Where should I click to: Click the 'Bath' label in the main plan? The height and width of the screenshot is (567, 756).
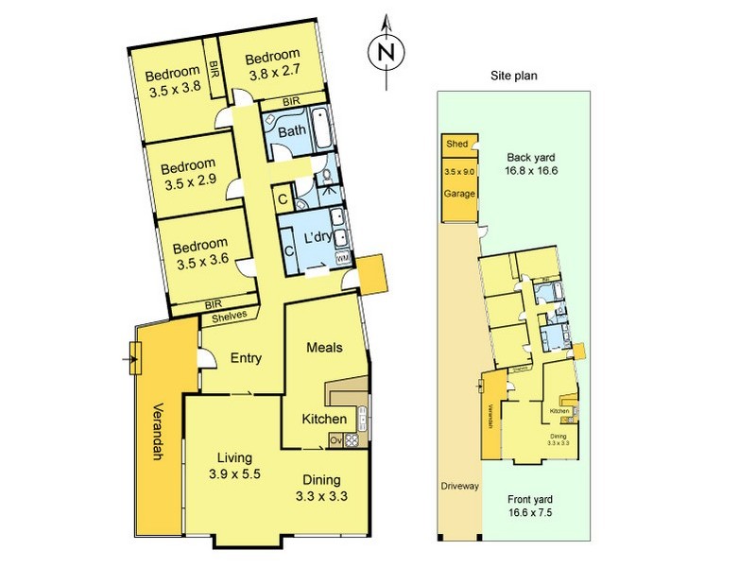click(291, 130)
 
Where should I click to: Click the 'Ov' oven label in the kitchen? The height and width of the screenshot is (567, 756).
click(335, 439)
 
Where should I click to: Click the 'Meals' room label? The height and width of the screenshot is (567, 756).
click(324, 348)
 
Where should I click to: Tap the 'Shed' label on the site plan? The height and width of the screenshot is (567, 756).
click(457, 144)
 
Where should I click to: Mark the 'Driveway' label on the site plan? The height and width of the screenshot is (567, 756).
click(459, 486)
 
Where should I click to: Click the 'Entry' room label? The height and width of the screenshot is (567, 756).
click(246, 358)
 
